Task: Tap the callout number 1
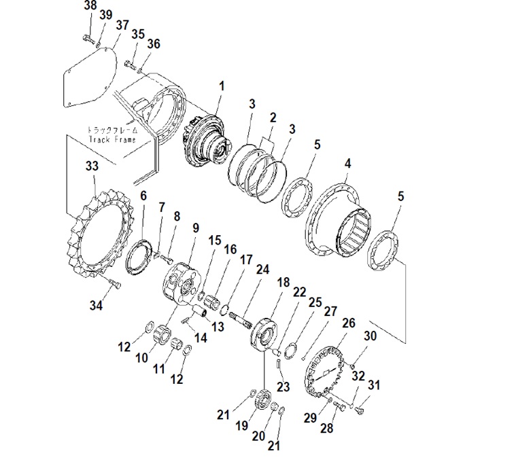(x=222, y=86)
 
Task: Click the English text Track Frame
(x=112, y=140)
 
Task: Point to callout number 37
(x=122, y=25)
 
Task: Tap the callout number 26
(x=349, y=323)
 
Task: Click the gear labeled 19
(x=263, y=399)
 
